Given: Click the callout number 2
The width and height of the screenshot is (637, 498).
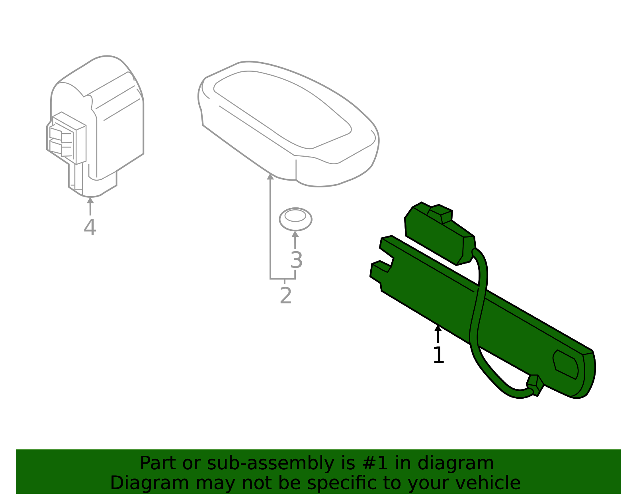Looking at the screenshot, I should [285, 296].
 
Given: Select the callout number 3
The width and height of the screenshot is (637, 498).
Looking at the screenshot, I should [296, 260].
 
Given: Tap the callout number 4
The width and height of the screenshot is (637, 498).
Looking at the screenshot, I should [90, 228].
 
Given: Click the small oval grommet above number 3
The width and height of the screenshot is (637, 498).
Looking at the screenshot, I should [295, 219].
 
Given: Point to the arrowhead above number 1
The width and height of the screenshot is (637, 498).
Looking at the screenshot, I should [438, 328].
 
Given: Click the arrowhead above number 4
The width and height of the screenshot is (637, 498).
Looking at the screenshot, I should [90, 200].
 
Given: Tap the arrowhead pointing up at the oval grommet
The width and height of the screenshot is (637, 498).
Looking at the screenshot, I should [295, 234].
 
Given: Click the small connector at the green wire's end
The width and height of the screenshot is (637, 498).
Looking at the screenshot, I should [535, 385].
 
